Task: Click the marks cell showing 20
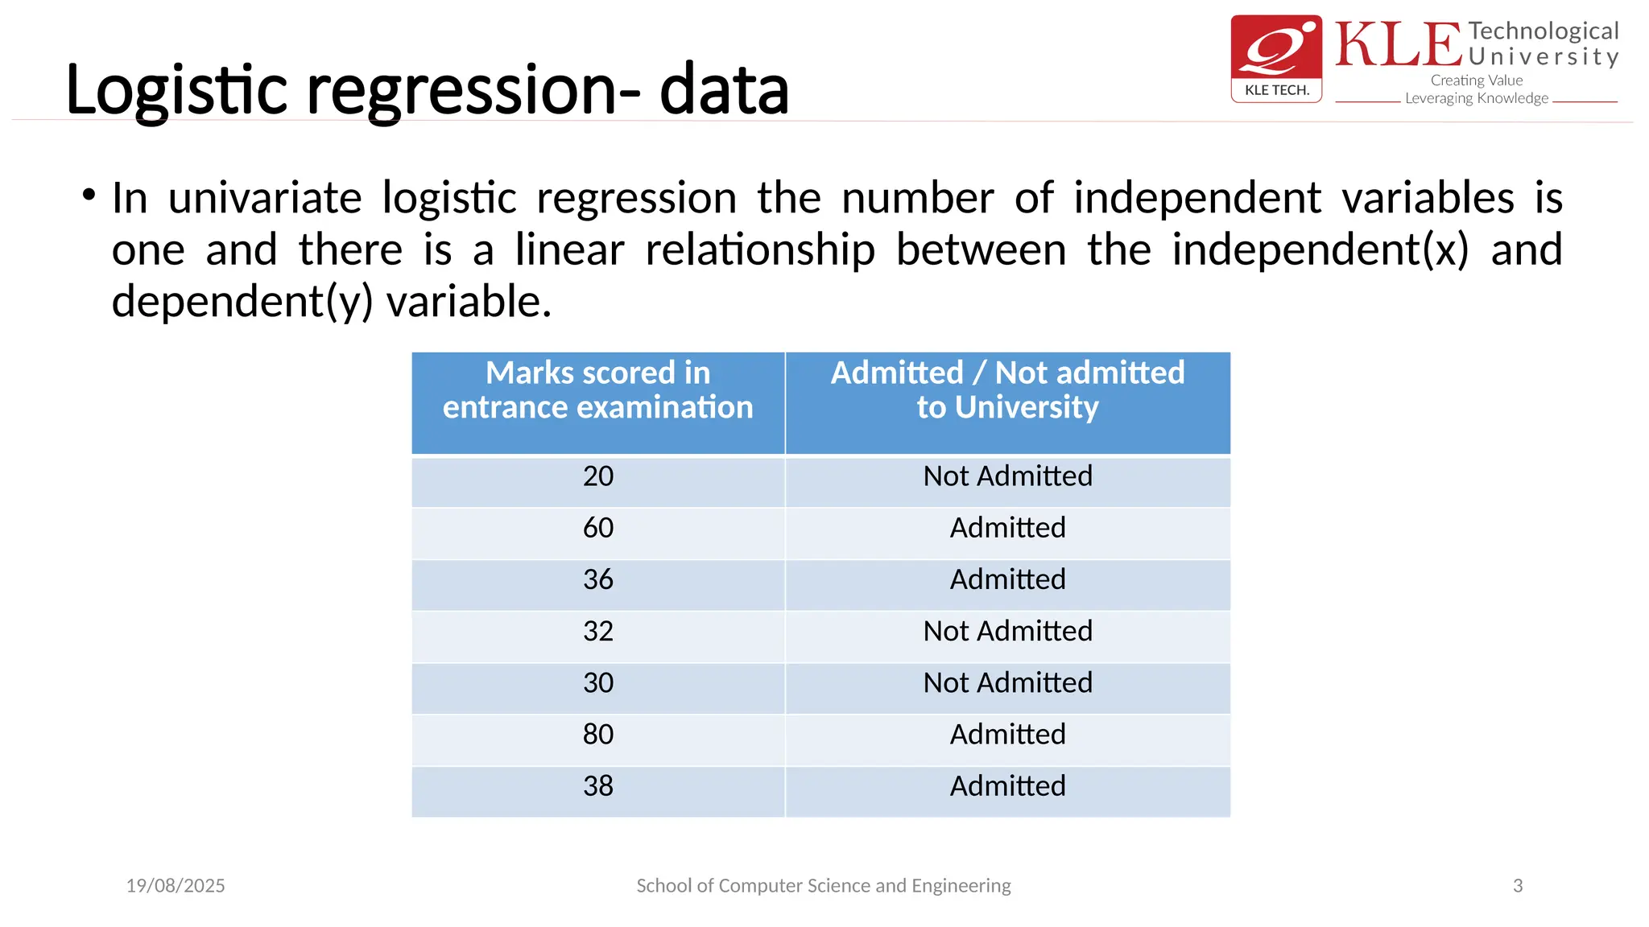coord(598,476)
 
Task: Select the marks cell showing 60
coord(598,528)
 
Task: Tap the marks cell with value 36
coord(598,579)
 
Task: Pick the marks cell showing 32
coord(598,631)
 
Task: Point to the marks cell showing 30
coord(598,682)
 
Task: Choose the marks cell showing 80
coord(598,734)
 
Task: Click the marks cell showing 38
coord(598,786)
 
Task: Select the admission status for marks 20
coord(1007,476)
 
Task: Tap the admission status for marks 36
coord(1007,579)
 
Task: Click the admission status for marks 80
coord(1007,734)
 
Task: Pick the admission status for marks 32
coord(1007,631)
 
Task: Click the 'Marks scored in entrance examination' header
coord(598,390)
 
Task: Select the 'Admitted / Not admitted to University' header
coord(1007,390)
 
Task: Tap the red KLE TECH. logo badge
coord(1276,58)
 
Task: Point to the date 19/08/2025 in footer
coord(176,886)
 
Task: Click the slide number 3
coord(1518,886)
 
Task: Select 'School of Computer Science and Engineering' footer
coord(824,886)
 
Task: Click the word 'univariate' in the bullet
coord(265,198)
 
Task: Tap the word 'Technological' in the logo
coord(1543,31)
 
